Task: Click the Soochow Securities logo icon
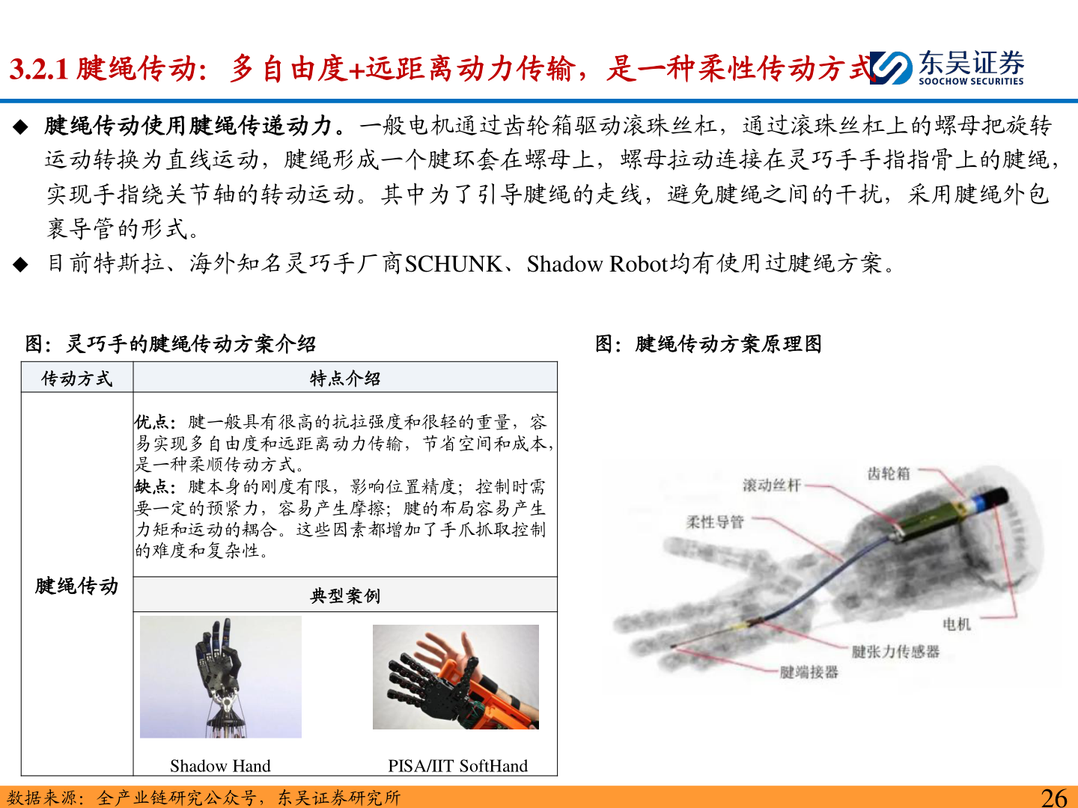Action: tap(890, 67)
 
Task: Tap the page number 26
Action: tap(1054, 797)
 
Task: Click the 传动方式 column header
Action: tap(76, 379)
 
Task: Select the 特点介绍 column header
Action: tap(345, 379)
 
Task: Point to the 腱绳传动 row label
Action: tap(76, 586)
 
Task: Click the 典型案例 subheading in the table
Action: tap(345, 595)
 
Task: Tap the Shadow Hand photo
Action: tap(221, 677)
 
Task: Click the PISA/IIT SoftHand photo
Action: tap(456, 677)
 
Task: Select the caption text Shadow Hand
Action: tap(220, 766)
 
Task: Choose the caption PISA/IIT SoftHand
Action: tap(457, 766)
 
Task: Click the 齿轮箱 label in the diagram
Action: tap(889, 474)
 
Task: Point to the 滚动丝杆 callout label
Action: tap(772, 486)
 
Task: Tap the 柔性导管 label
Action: tap(715, 522)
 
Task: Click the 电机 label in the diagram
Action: tap(957, 624)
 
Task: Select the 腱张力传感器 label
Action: tap(895, 652)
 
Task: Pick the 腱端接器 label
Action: tap(808, 672)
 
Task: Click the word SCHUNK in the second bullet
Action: tap(454, 264)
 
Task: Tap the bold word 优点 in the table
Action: tap(152, 422)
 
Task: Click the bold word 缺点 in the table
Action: tap(152, 486)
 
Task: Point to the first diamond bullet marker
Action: tap(21, 127)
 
